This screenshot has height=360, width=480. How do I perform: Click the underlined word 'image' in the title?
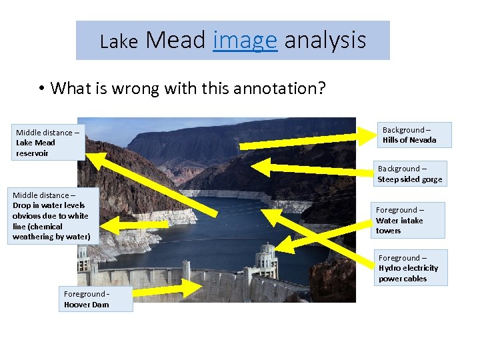click(245, 41)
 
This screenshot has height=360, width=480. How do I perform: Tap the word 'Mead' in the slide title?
click(175, 41)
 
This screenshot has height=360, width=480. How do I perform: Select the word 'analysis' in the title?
click(325, 41)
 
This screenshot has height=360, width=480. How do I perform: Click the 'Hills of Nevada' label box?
click(417, 135)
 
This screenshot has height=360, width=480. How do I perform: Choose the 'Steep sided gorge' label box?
click(409, 174)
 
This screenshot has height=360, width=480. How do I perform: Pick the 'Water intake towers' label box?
click(408, 220)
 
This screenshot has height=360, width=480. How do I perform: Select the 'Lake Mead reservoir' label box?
click(47, 143)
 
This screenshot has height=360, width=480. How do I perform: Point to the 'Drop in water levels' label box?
click(51, 216)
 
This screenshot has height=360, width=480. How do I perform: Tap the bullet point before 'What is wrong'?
click(41, 88)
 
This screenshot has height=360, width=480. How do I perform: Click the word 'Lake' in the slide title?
click(118, 42)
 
